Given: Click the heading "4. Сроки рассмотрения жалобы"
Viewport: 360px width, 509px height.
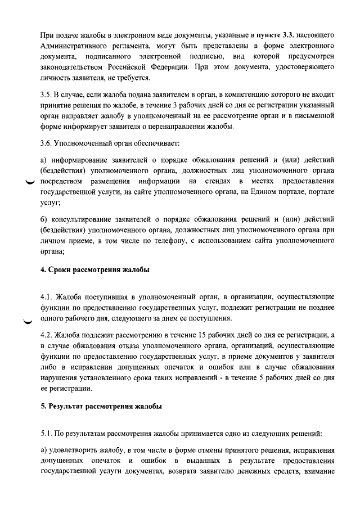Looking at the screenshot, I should click(95, 270).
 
